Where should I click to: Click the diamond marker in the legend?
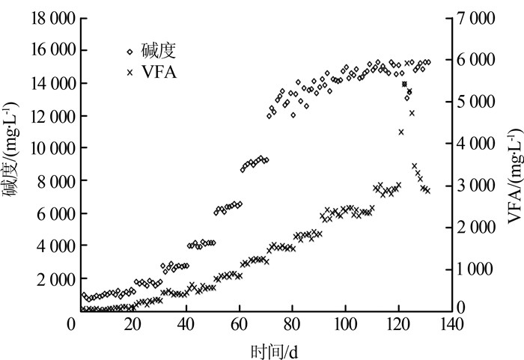pos(130,52)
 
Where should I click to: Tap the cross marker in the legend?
pos(130,73)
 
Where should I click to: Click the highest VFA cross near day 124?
pos(405,84)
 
